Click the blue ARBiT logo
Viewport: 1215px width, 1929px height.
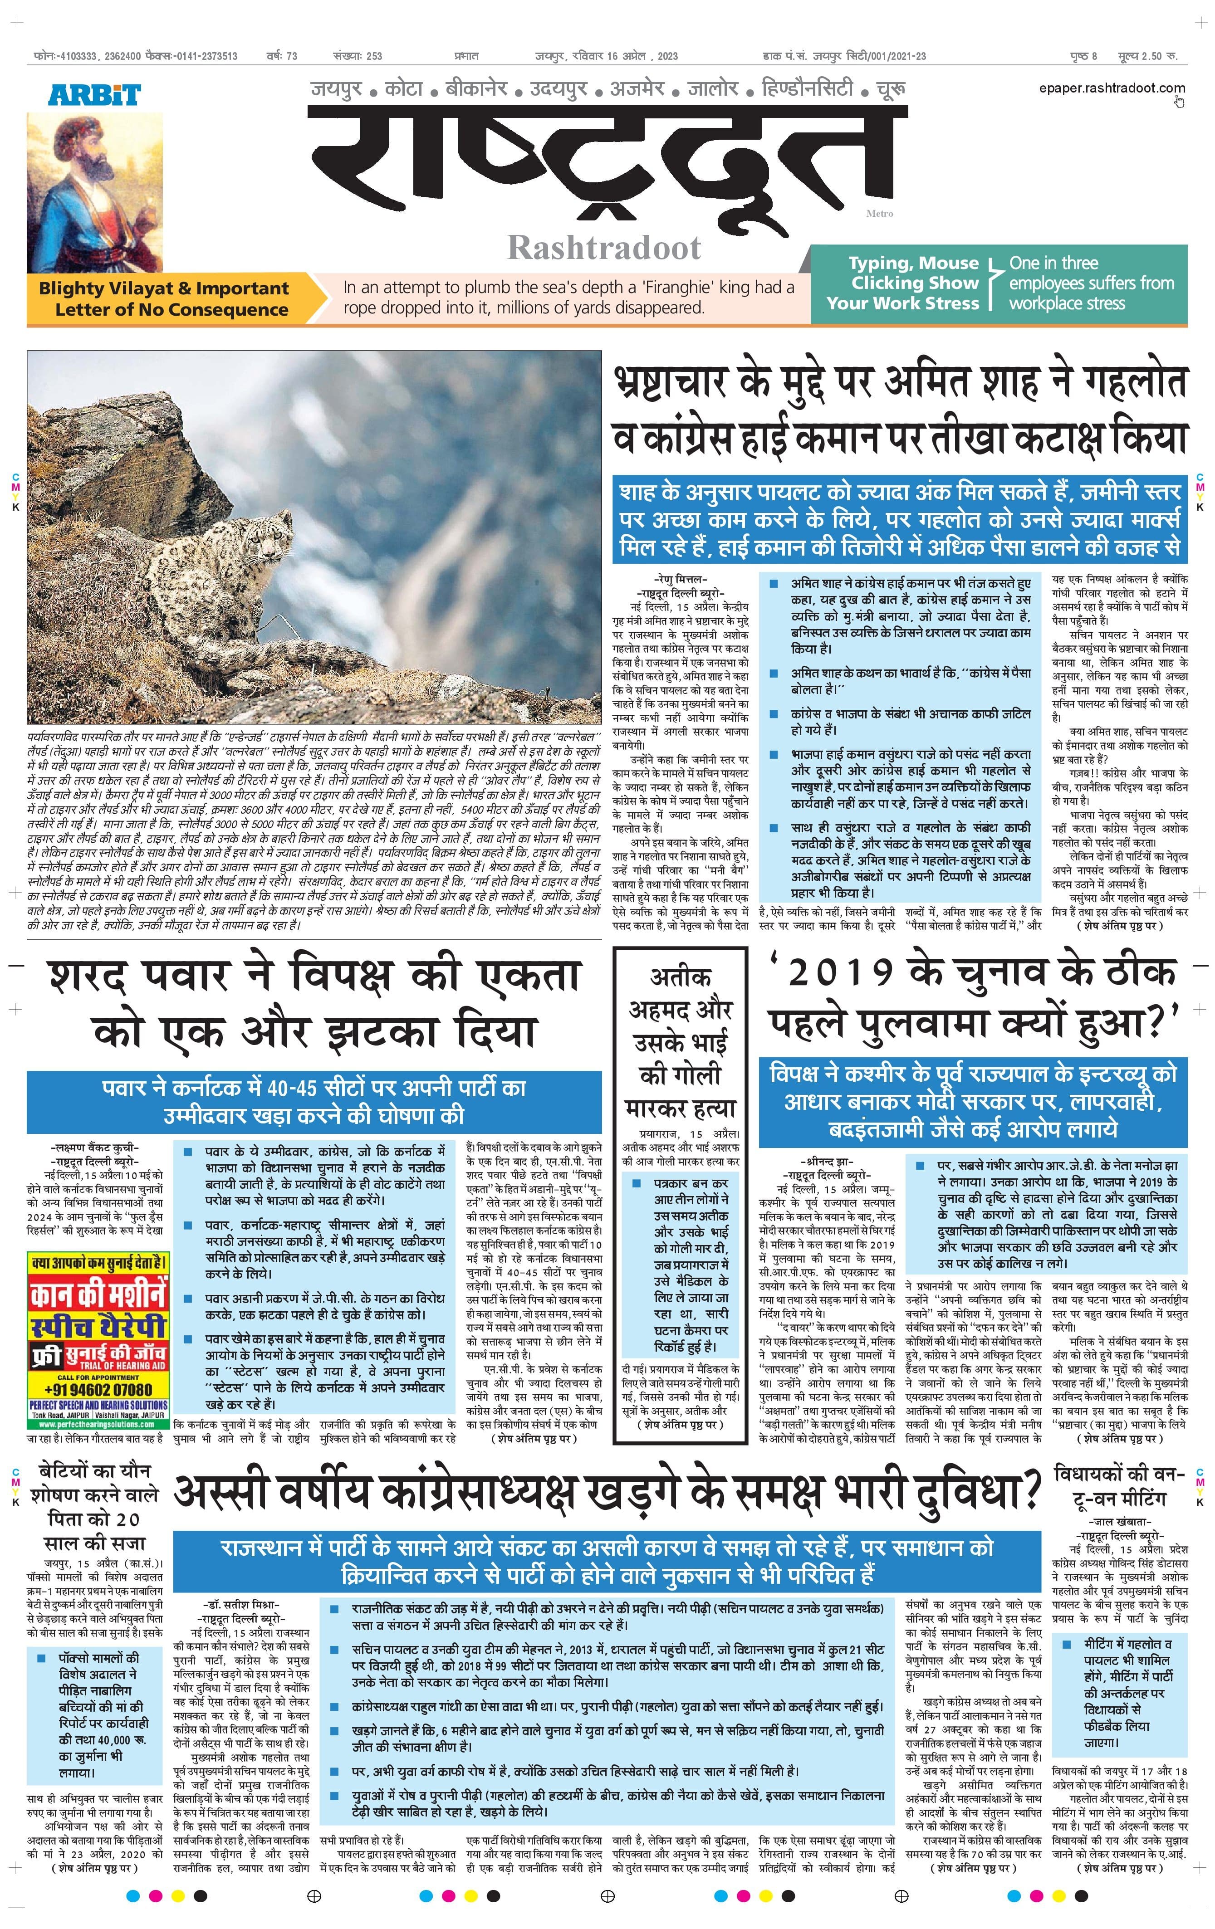pyautogui.click(x=94, y=94)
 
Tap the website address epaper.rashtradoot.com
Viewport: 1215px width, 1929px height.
pyautogui.click(x=1111, y=88)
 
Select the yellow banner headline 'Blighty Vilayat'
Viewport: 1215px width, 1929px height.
pyautogui.click(x=164, y=288)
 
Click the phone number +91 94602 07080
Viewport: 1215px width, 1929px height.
pyautogui.click(x=98, y=1389)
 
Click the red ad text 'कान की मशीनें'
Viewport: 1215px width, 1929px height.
pyautogui.click(x=98, y=1296)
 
